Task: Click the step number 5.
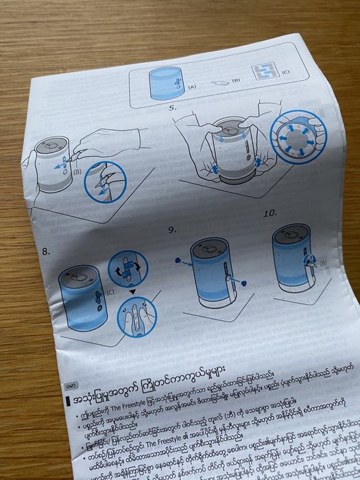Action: pyautogui.click(x=173, y=108)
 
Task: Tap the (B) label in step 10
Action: pyautogui.click(x=322, y=262)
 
